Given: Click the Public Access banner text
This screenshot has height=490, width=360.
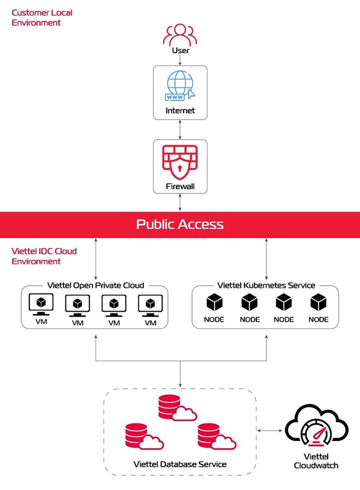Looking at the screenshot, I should (x=180, y=224).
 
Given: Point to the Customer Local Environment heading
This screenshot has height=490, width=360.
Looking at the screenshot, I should (x=37, y=17).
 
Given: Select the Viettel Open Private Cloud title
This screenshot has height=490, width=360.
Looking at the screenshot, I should (x=96, y=285).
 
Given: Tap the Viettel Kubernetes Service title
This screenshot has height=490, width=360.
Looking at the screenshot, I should (x=266, y=285).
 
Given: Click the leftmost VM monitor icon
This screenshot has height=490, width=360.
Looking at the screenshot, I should (x=41, y=303).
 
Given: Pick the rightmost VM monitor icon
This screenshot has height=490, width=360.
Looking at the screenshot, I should (x=150, y=303).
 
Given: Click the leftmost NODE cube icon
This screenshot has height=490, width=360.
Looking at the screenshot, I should (x=214, y=302).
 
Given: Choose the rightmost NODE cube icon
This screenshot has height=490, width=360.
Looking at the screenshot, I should (x=318, y=302).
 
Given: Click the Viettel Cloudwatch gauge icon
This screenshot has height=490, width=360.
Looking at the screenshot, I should (x=316, y=429).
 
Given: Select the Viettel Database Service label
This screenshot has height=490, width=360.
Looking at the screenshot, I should (x=180, y=464).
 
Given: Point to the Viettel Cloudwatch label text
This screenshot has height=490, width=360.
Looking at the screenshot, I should (x=316, y=461).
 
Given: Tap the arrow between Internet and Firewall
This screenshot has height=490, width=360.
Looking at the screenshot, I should (x=180, y=129).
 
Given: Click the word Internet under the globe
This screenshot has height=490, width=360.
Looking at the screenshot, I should (x=180, y=111).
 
